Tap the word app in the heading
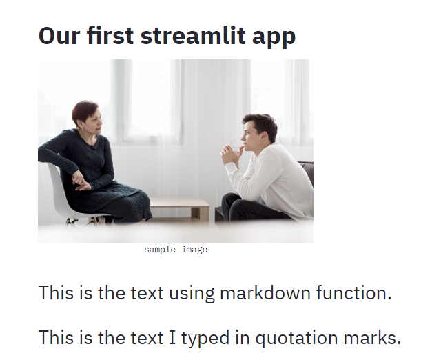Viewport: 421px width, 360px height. pyautogui.click(x=276, y=37)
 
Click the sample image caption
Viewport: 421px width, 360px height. pyautogui.click(x=176, y=250)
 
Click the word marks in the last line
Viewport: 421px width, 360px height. pyautogui.click(x=376, y=338)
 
